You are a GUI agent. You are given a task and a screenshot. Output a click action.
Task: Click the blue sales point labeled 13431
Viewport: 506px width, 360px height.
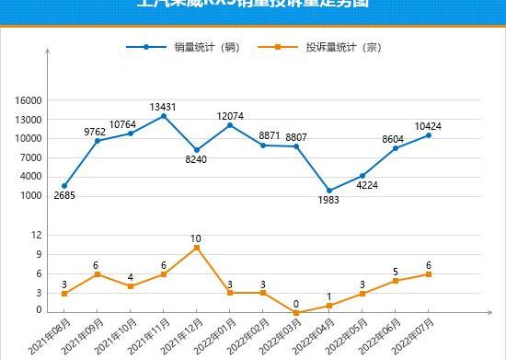click(164, 116)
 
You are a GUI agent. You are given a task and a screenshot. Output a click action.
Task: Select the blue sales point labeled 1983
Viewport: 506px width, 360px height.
click(329, 191)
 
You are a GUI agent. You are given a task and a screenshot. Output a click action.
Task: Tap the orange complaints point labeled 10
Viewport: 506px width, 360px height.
click(197, 248)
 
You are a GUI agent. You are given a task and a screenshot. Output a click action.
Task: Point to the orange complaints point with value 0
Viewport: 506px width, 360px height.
click(296, 312)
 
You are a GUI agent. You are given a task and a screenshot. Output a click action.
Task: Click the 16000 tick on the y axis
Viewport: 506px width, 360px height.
click(30, 100)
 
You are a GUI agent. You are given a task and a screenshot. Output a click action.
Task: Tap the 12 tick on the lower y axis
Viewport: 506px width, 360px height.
click(36, 235)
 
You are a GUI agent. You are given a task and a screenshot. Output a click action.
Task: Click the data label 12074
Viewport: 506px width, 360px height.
click(230, 116)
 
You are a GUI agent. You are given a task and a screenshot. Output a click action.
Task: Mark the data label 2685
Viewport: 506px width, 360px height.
click(64, 196)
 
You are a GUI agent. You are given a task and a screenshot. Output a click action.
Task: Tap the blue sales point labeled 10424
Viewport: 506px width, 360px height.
click(429, 135)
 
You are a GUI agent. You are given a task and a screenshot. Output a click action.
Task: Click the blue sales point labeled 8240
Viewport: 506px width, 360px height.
click(197, 149)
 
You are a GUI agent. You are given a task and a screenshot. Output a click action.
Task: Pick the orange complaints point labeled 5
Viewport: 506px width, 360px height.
click(396, 281)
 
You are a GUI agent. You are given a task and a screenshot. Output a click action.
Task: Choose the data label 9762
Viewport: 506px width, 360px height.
click(95, 132)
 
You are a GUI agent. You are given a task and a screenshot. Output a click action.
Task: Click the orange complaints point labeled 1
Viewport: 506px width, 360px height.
click(329, 306)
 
